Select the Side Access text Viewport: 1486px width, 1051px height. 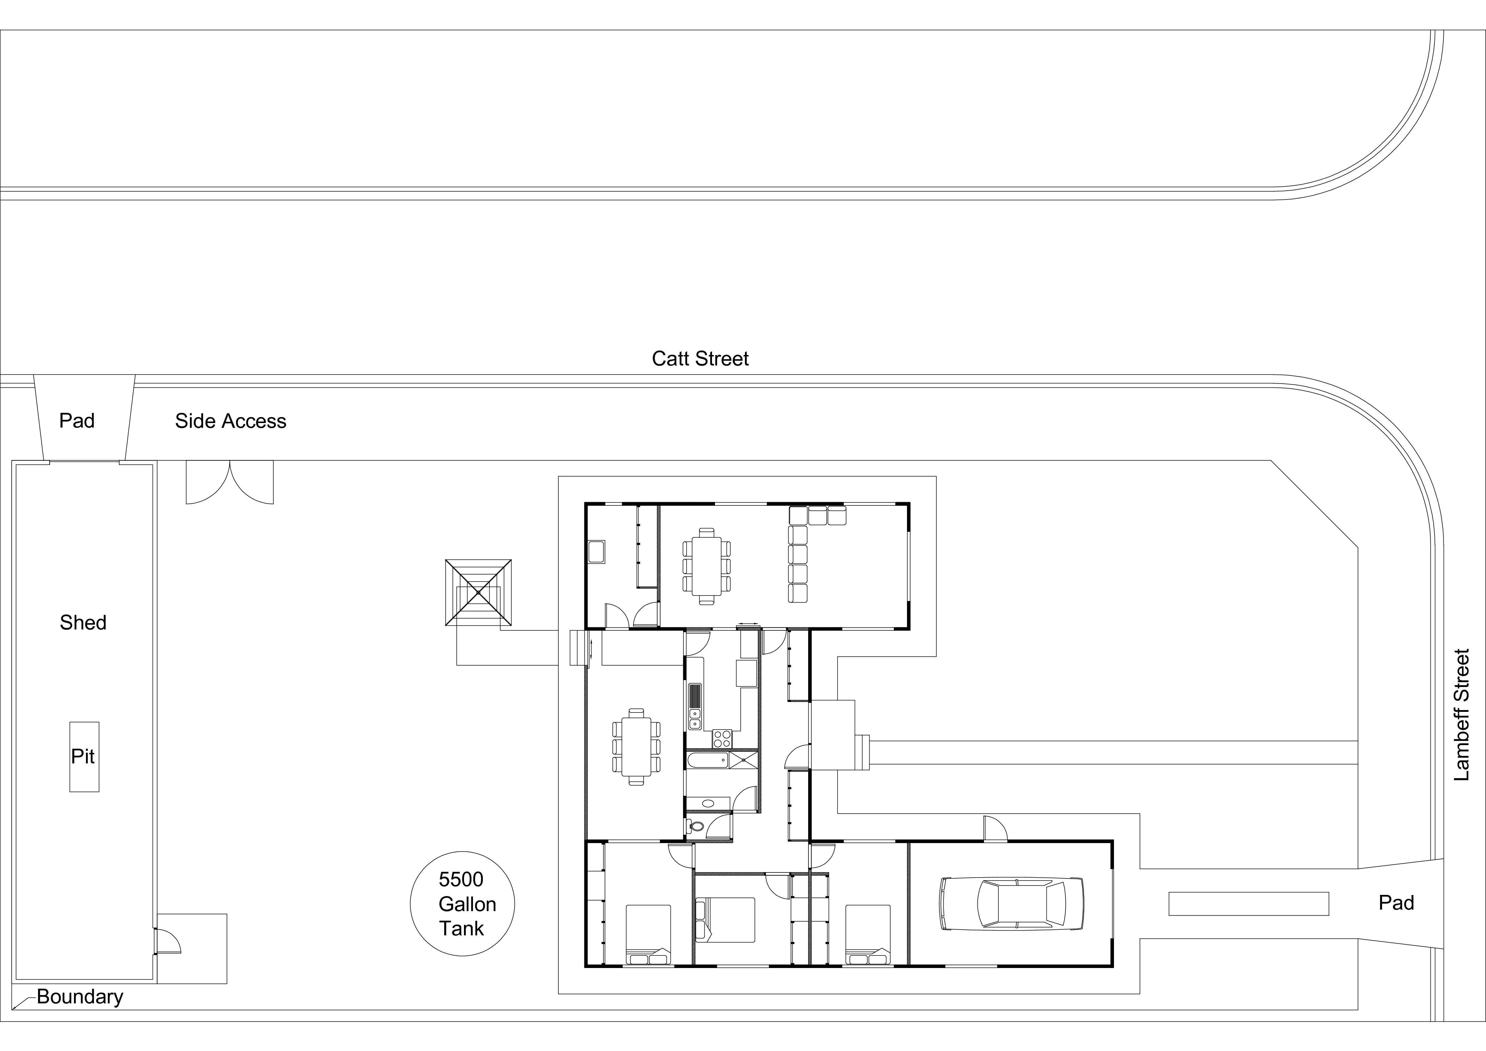(230, 421)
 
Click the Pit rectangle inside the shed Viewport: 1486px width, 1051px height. (84, 756)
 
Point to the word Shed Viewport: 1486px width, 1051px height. (83, 623)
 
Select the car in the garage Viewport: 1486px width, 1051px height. (1011, 904)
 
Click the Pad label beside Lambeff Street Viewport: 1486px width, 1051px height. (1396, 903)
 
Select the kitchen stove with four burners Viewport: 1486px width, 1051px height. (722, 739)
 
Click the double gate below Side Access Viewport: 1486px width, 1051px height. (230, 482)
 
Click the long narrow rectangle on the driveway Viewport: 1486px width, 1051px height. (1248, 903)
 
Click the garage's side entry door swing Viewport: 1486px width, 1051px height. (995, 829)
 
